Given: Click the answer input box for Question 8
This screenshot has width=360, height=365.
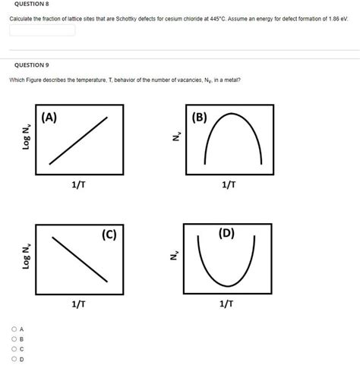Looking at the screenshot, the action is (43, 30).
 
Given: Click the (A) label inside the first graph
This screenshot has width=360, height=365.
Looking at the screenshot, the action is (51, 118).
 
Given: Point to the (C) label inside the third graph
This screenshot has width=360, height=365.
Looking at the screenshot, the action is (109, 234).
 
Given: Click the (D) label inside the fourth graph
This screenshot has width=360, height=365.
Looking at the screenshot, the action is (226, 232).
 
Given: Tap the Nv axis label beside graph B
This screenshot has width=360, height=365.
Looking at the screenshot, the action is (176, 137).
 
